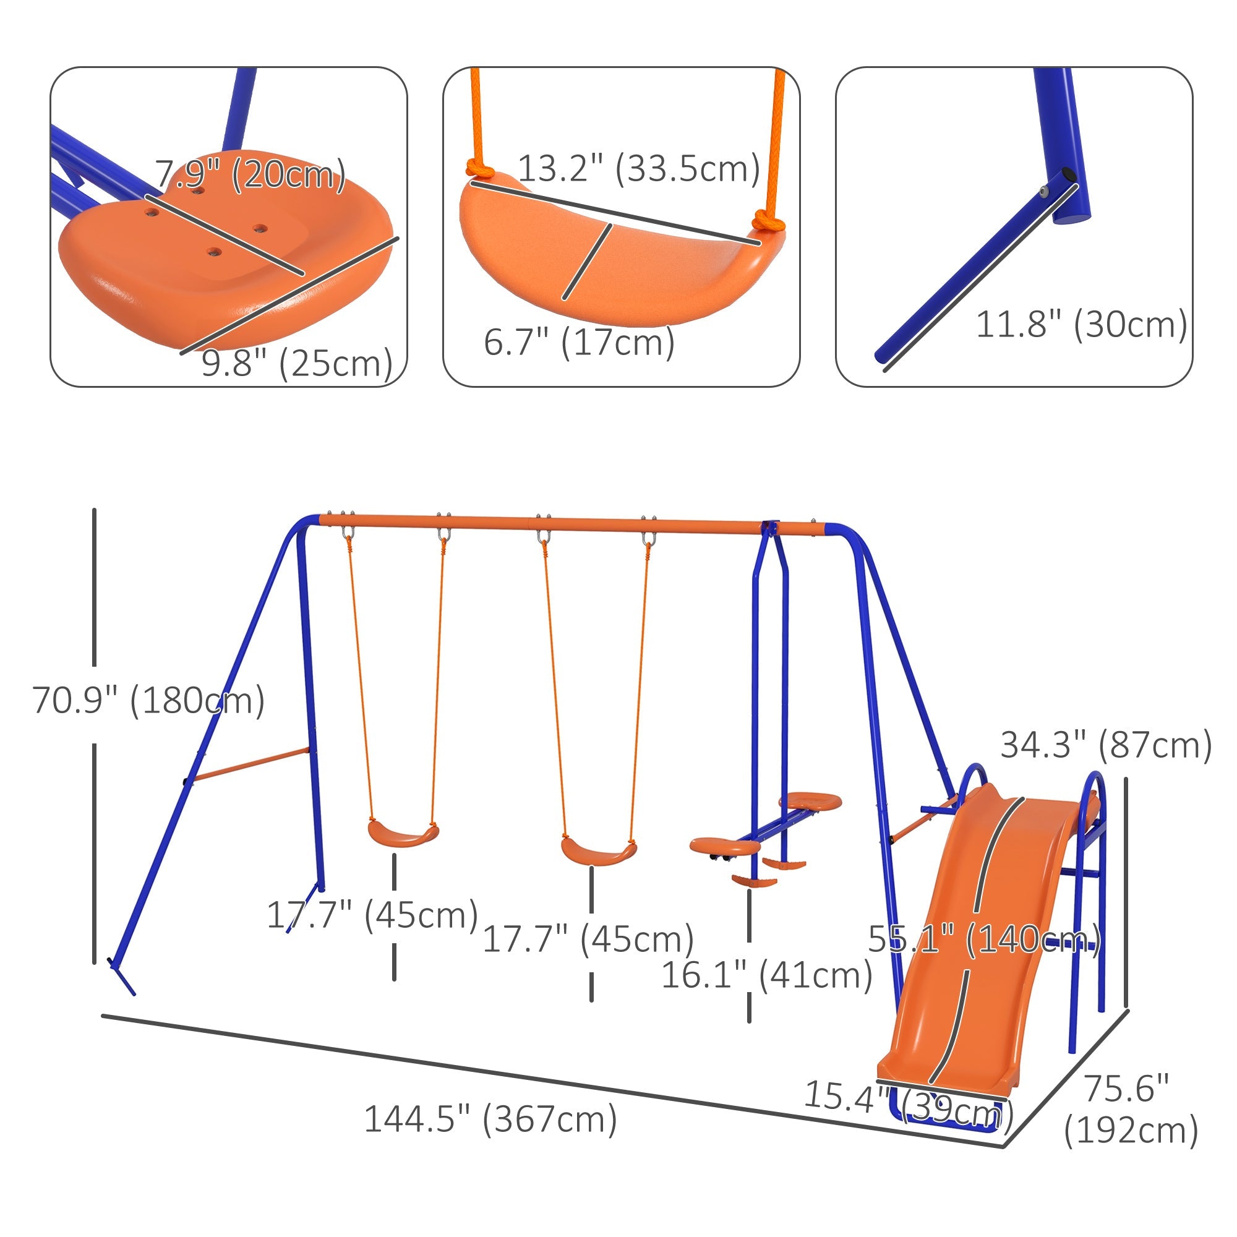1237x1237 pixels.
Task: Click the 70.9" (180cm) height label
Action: pyautogui.click(x=148, y=701)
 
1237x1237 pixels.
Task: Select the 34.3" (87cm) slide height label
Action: pyautogui.click(x=1106, y=745)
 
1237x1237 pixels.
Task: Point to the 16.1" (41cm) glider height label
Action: pyautogui.click(x=766, y=975)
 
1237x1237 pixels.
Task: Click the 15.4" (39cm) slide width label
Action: pyautogui.click(x=909, y=1097)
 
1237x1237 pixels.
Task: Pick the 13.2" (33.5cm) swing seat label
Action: pyautogui.click(x=638, y=169)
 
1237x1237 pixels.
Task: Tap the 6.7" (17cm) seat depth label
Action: pyautogui.click(x=579, y=342)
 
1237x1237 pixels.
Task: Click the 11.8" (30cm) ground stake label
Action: pyautogui.click(x=1081, y=325)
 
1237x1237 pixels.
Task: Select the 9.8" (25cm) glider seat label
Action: pyautogui.click(x=296, y=364)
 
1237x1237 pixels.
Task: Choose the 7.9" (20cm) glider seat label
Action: pyautogui.click(x=250, y=174)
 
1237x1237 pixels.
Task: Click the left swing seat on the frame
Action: pyautogui.click(x=403, y=834)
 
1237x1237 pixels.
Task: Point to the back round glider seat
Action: pyautogui.click(x=809, y=801)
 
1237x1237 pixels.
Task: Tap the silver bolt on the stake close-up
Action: pyautogui.click(x=1043, y=192)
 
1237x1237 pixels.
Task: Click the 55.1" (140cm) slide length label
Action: pyautogui.click(x=984, y=940)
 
